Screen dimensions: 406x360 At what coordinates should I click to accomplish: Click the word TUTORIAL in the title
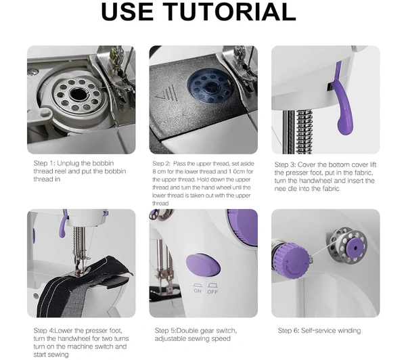pyautogui.click(x=231, y=12)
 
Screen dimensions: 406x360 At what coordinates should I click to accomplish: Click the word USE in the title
pyautogui.click(x=127, y=12)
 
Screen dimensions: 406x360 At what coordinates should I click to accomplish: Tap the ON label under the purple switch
pyautogui.click(x=198, y=291)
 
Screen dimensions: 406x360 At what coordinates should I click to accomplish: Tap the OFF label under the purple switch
pyautogui.click(x=212, y=292)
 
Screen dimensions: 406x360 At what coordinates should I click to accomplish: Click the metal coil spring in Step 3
pyautogui.click(x=304, y=131)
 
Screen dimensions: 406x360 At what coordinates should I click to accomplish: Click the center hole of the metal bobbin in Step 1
pyautogui.click(x=77, y=94)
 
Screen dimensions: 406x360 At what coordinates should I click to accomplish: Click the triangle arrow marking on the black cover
pyautogui.click(x=159, y=97)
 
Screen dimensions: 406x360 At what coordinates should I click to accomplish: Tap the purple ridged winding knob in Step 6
pyautogui.click(x=292, y=260)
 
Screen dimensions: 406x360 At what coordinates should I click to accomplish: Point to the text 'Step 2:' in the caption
pyautogui.click(x=161, y=164)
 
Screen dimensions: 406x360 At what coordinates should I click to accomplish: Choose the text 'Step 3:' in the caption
pyautogui.click(x=285, y=164)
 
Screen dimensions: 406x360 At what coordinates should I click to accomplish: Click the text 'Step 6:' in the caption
pyautogui.click(x=288, y=330)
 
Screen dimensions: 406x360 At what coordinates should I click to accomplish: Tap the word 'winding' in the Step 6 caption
pyautogui.click(x=348, y=331)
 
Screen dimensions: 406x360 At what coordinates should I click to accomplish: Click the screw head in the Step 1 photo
pyautogui.click(x=33, y=72)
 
